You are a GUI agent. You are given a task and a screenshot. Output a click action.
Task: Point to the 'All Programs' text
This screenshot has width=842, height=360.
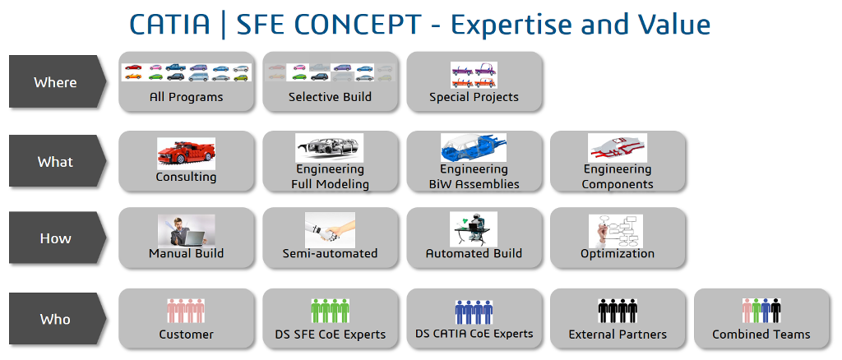[x=187, y=98]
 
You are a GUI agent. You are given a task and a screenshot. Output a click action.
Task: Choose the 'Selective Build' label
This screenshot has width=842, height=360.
[x=330, y=98]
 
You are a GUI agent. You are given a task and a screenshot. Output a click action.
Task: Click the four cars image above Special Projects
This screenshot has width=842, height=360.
[x=474, y=76]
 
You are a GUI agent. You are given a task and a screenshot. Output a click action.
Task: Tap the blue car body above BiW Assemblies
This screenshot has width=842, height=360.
[x=474, y=148]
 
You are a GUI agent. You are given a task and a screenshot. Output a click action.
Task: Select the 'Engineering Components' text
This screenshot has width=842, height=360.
[x=618, y=177]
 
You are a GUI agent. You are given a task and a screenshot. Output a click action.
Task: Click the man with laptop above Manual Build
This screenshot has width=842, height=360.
[x=187, y=230]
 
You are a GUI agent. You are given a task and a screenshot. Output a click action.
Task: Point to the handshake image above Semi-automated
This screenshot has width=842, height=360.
[x=330, y=229]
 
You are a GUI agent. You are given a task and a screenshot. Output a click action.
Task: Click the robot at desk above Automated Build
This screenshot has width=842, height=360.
[x=474, y=229]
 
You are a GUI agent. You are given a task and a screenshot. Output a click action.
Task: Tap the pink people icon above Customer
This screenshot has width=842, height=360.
[x=186, y=311]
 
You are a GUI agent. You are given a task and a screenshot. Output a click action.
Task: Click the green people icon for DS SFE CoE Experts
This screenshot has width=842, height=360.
[x=331, y=311]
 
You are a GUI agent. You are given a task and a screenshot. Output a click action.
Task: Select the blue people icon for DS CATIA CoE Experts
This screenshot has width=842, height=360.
[x=474, y=312]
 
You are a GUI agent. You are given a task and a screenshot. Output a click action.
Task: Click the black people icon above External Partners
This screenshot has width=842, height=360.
[x=618, y=311]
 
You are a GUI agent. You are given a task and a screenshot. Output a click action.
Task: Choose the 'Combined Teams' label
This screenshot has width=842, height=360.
[x=761, y=335]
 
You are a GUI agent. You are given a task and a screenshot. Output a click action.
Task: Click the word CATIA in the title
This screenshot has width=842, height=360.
[x=169, y=25]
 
